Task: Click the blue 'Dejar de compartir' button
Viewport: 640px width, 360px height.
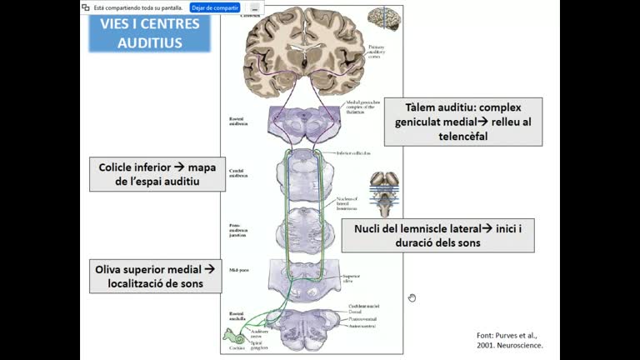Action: [x=215, y=7]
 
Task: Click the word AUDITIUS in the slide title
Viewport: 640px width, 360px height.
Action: [x=150, y=42]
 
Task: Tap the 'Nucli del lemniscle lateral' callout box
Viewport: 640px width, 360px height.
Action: [x=437, y=236]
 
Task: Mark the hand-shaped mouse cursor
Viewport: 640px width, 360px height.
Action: [x=412, y=297]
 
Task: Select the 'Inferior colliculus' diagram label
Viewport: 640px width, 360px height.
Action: [x=352, y=153]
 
